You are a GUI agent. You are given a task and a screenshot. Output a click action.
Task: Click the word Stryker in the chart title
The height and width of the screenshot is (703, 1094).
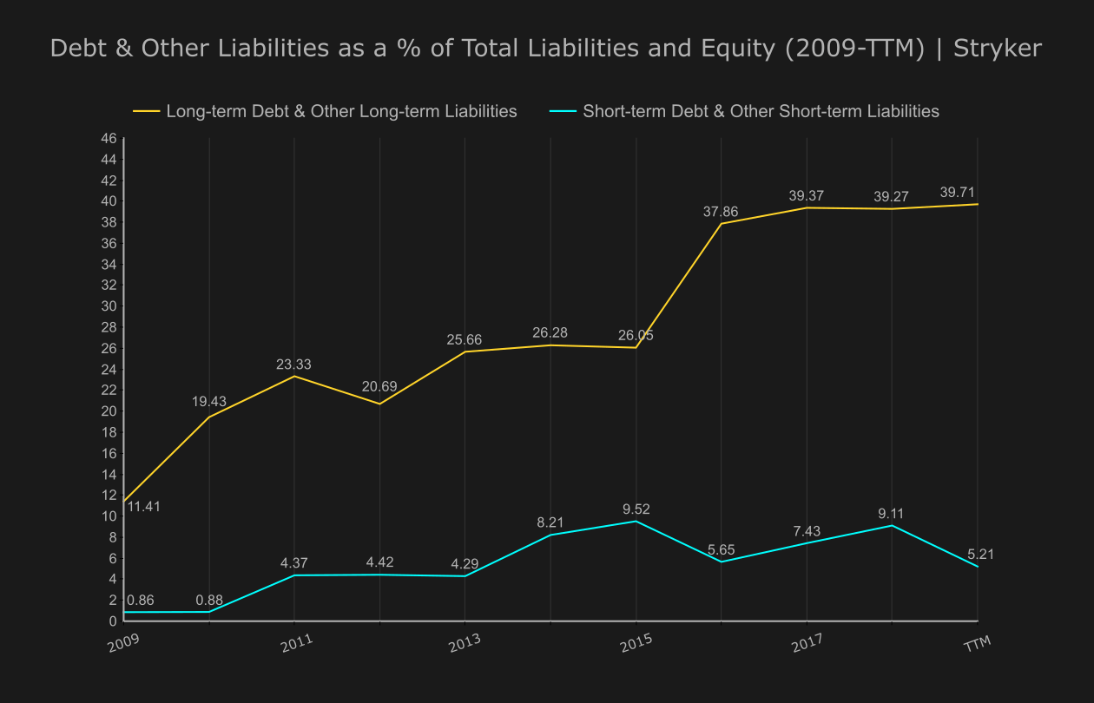pyautogui.click(x=998, y=48)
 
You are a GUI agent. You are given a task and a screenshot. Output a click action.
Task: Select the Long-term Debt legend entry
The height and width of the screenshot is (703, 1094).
pyautogui.click(x=341, y=111)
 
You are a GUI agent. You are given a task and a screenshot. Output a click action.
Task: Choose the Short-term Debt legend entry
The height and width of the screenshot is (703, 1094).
pyautogui.click(x=761, y=111)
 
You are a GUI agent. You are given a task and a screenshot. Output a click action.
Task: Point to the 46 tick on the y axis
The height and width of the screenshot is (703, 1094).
pyautogui.click(x=109, y=139)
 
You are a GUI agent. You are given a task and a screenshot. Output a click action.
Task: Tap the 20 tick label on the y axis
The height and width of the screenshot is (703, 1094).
pyautogui.click(x=109, y=411)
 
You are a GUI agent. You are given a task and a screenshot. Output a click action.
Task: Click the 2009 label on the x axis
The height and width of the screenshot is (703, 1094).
pyautogui.click(x=123, y=644)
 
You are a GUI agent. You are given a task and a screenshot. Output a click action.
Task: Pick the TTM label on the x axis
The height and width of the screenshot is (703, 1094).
pyautogui.click(x=978, y=644)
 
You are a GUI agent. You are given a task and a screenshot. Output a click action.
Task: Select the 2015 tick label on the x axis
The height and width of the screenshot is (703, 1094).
pyautogui.click(x=636, y=644)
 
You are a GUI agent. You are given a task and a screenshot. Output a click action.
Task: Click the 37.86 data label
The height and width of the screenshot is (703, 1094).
pyautogui.click(x=721, y=212)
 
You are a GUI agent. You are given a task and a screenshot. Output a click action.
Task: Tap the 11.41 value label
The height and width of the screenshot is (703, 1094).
pyautogui.click(x=143, y=506)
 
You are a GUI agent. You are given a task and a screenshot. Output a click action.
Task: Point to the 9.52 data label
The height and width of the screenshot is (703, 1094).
pyautogui.click(x=636, y=509)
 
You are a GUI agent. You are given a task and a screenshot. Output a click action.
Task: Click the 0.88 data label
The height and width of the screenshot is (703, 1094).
pyautogui.click(x=209, y=600)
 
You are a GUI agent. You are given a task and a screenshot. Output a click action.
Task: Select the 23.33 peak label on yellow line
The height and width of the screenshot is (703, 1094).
pyautogui.click(x=293, y=365)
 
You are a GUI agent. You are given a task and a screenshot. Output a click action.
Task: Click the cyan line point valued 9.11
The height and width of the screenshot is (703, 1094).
pyautogui.click(x=893, y=526)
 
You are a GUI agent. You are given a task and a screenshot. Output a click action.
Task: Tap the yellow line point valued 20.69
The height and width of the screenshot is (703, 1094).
pyautogui.click(x=379, y=404)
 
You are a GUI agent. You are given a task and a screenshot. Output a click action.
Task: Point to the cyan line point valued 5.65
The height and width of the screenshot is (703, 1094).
pyautogui.click(x=721, y=562)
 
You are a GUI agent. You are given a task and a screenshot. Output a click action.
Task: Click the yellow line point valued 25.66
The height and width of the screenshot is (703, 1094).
pyautogui.click(x=465, y=351)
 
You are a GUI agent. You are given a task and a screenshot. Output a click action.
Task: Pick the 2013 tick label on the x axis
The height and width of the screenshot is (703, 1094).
pyautogui.click(x=465, y=644)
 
